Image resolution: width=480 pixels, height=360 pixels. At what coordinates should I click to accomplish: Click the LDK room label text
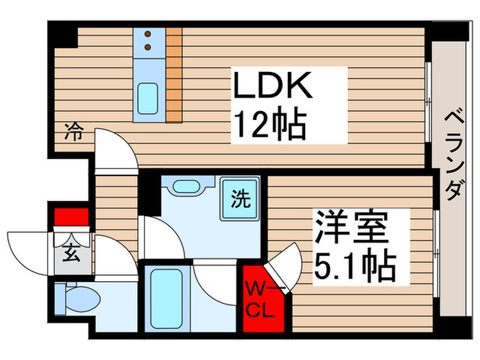[272, 85]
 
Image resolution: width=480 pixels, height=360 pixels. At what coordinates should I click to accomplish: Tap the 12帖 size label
[271, 123]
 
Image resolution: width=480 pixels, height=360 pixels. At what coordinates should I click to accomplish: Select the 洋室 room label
[352, 227]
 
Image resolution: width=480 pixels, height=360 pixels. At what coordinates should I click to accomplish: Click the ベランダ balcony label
[454, 156]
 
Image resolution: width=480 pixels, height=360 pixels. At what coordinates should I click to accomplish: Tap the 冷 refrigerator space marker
[74, 132]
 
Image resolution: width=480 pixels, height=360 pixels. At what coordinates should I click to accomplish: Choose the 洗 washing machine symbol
[241, 198]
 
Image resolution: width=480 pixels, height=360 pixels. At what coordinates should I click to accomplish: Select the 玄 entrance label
[71, 253]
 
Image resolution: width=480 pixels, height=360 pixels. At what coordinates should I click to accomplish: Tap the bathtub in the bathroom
[167, 298]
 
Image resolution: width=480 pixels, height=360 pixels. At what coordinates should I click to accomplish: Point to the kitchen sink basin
[148, 99]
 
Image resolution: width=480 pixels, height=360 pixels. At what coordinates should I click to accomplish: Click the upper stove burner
[148, 34]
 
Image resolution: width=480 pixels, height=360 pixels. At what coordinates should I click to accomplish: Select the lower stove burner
[148, 47]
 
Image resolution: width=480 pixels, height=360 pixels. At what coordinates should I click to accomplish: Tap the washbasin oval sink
[186, 186]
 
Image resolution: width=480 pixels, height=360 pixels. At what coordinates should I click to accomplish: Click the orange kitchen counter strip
[174, 75]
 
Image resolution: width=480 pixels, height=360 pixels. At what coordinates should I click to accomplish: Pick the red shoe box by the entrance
[71, 217]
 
